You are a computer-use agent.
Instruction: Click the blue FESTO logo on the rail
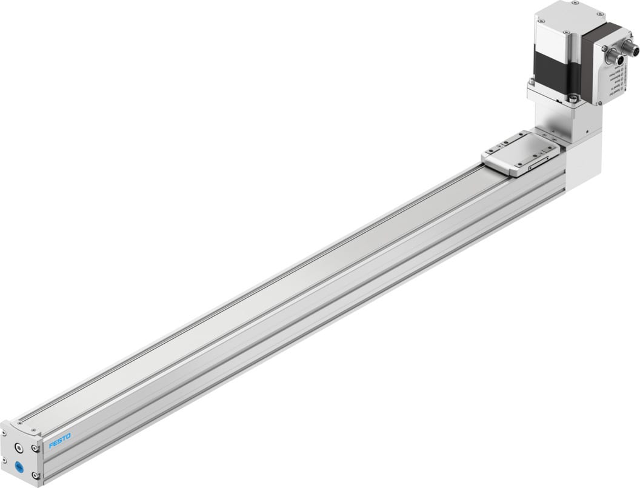[x=60, y=441]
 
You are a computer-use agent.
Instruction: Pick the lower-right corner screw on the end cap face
[x=40, y=475]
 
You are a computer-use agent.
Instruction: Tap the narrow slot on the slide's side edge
[x=539, y=164]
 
